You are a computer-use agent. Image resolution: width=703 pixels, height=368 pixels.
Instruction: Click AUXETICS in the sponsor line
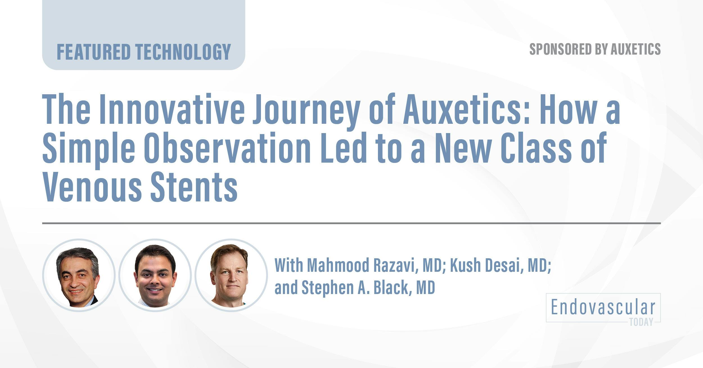click(x=636, y=50)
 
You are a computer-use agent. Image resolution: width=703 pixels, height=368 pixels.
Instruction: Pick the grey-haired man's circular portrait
click(x=78, y=275)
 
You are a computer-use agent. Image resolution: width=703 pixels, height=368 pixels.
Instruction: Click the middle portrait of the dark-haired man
click(x=155, y=275)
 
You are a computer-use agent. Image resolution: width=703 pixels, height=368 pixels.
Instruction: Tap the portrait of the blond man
click(x=231, y=275)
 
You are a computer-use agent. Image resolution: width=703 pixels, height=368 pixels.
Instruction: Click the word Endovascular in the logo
click(x=603, y=308)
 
